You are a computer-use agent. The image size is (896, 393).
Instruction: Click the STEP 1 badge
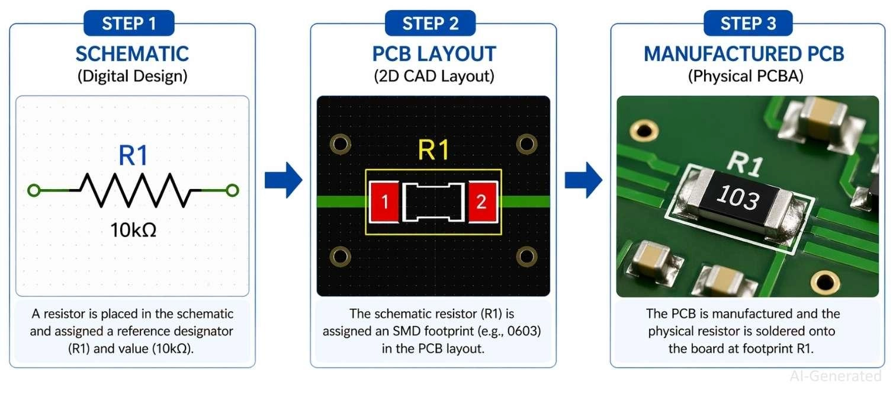tap(129, 24)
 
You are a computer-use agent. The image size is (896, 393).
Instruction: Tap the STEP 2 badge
tap(430, 24)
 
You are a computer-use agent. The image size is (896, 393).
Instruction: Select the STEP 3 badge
tap(748, 24)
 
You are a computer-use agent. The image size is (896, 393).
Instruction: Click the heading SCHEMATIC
tap(132, 54)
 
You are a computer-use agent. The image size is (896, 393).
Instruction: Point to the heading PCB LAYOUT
tap(433, 54)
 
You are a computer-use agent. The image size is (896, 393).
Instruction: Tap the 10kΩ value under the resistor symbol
tap(133, 230)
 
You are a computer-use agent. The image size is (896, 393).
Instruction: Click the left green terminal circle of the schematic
tap(34, 190)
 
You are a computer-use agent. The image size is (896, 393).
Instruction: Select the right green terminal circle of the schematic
tap(233, 190)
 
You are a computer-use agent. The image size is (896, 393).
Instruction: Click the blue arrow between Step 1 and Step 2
tap(283, 179)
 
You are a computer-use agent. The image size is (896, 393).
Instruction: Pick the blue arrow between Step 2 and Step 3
tap(583, 179)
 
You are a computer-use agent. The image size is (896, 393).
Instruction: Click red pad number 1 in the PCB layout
tap(385, 202)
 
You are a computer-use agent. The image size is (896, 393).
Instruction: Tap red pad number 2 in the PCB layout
tap(481, 202)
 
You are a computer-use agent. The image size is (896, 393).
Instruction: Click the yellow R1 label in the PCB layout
tap(433, 151)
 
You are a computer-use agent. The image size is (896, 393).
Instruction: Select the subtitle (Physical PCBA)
tap(746, 76)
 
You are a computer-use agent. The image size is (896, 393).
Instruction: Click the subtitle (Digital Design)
tap(132, 76)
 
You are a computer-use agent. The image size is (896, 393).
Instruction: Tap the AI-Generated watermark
tap(835, 376)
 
